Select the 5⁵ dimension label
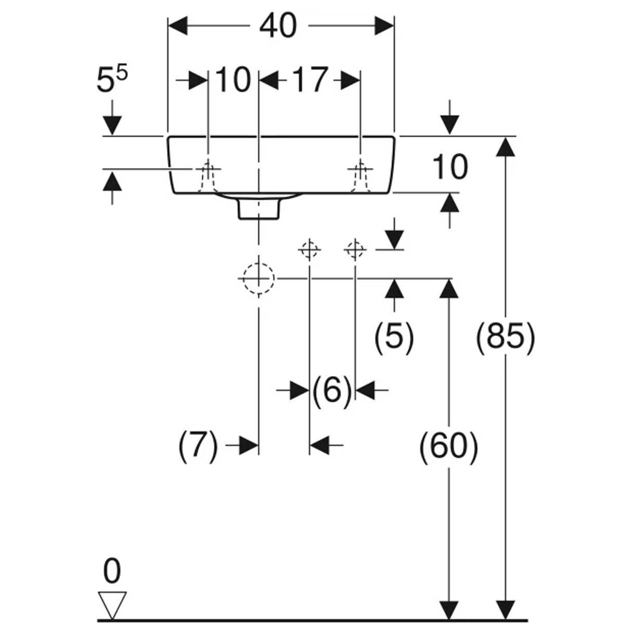112,81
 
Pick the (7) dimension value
198,446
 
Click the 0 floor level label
112,571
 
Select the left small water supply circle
309,250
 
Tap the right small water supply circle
355,250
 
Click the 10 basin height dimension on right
450,167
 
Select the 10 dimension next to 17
232,80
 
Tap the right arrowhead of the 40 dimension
384,25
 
